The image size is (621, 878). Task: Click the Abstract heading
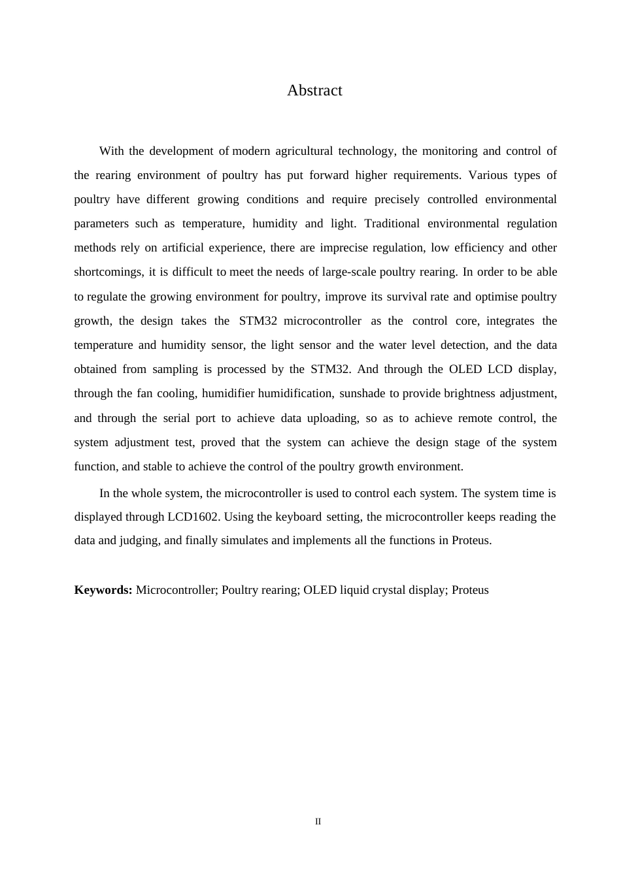coord(314,90)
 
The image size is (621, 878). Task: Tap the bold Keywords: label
coord(103,590)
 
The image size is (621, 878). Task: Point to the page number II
coord(318,821)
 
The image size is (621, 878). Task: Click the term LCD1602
coord(193,517)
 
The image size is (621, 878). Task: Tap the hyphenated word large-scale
coord(350,272)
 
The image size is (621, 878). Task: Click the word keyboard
coord(299,517)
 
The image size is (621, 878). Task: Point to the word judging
coord(141,540)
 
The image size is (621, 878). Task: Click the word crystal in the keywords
coord(368,590)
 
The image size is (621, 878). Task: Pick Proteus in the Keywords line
coord(470,590)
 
